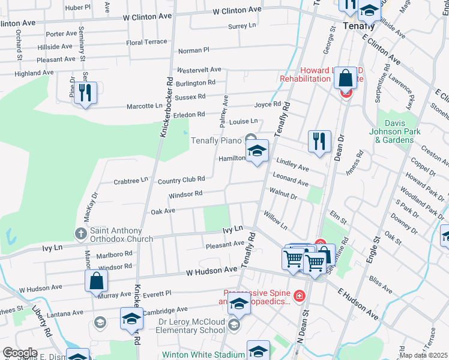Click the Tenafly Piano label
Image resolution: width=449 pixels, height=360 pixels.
pyautogui.click(x=215, y=141)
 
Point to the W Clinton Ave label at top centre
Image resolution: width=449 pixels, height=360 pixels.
pyautogui.click(x=238, y=10)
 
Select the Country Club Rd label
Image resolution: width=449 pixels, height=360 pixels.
pyautogui.click(x=181, y=179)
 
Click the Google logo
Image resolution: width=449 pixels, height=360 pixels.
pyautogui.click(x=20, y=353)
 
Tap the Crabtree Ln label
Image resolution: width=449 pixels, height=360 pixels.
pyautogui.click(x=130, y=180)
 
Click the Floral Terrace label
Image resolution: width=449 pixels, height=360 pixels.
pyautogui.click(x=146, y=43)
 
